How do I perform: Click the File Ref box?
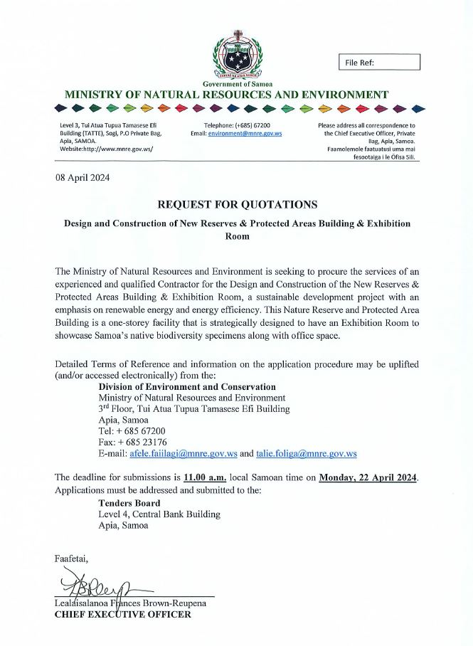(x=379, y=63)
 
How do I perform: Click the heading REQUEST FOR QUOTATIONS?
(x=237, y=204)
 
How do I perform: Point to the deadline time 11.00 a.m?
(x=205, y=477)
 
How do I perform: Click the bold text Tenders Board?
(x=129, y=503)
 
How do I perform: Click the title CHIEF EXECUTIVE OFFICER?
(x=122, y=614)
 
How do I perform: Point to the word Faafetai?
(x=71, y=558)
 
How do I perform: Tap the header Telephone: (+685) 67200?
(x=227, y=125)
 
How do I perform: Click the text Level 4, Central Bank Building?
(x=159, y=514)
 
